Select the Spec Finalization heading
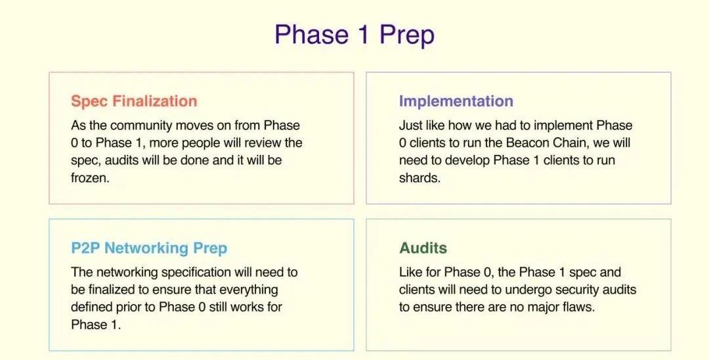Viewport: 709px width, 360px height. [x=134, y=101]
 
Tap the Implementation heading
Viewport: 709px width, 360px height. [x=456, y=101]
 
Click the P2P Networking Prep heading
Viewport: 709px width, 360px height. [x=149, y=248]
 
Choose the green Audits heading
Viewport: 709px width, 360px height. [x=423, y=248]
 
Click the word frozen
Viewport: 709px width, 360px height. [x=89, y=178]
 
